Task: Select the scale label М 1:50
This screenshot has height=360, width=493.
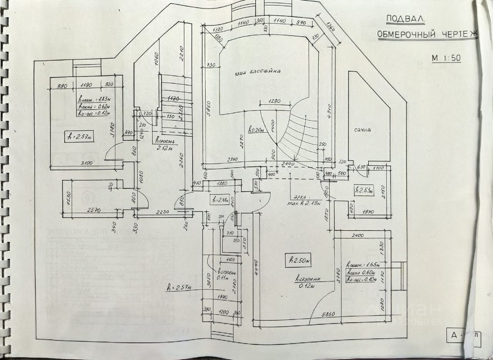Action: tap(446, 58)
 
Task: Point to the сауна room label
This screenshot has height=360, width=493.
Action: tap(362, 130)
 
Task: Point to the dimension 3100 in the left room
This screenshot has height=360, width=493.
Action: tap(87, 163)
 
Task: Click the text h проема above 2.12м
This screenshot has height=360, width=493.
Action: tap(165, 141)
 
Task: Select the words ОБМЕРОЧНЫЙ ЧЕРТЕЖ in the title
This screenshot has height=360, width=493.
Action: tap(427, 35)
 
